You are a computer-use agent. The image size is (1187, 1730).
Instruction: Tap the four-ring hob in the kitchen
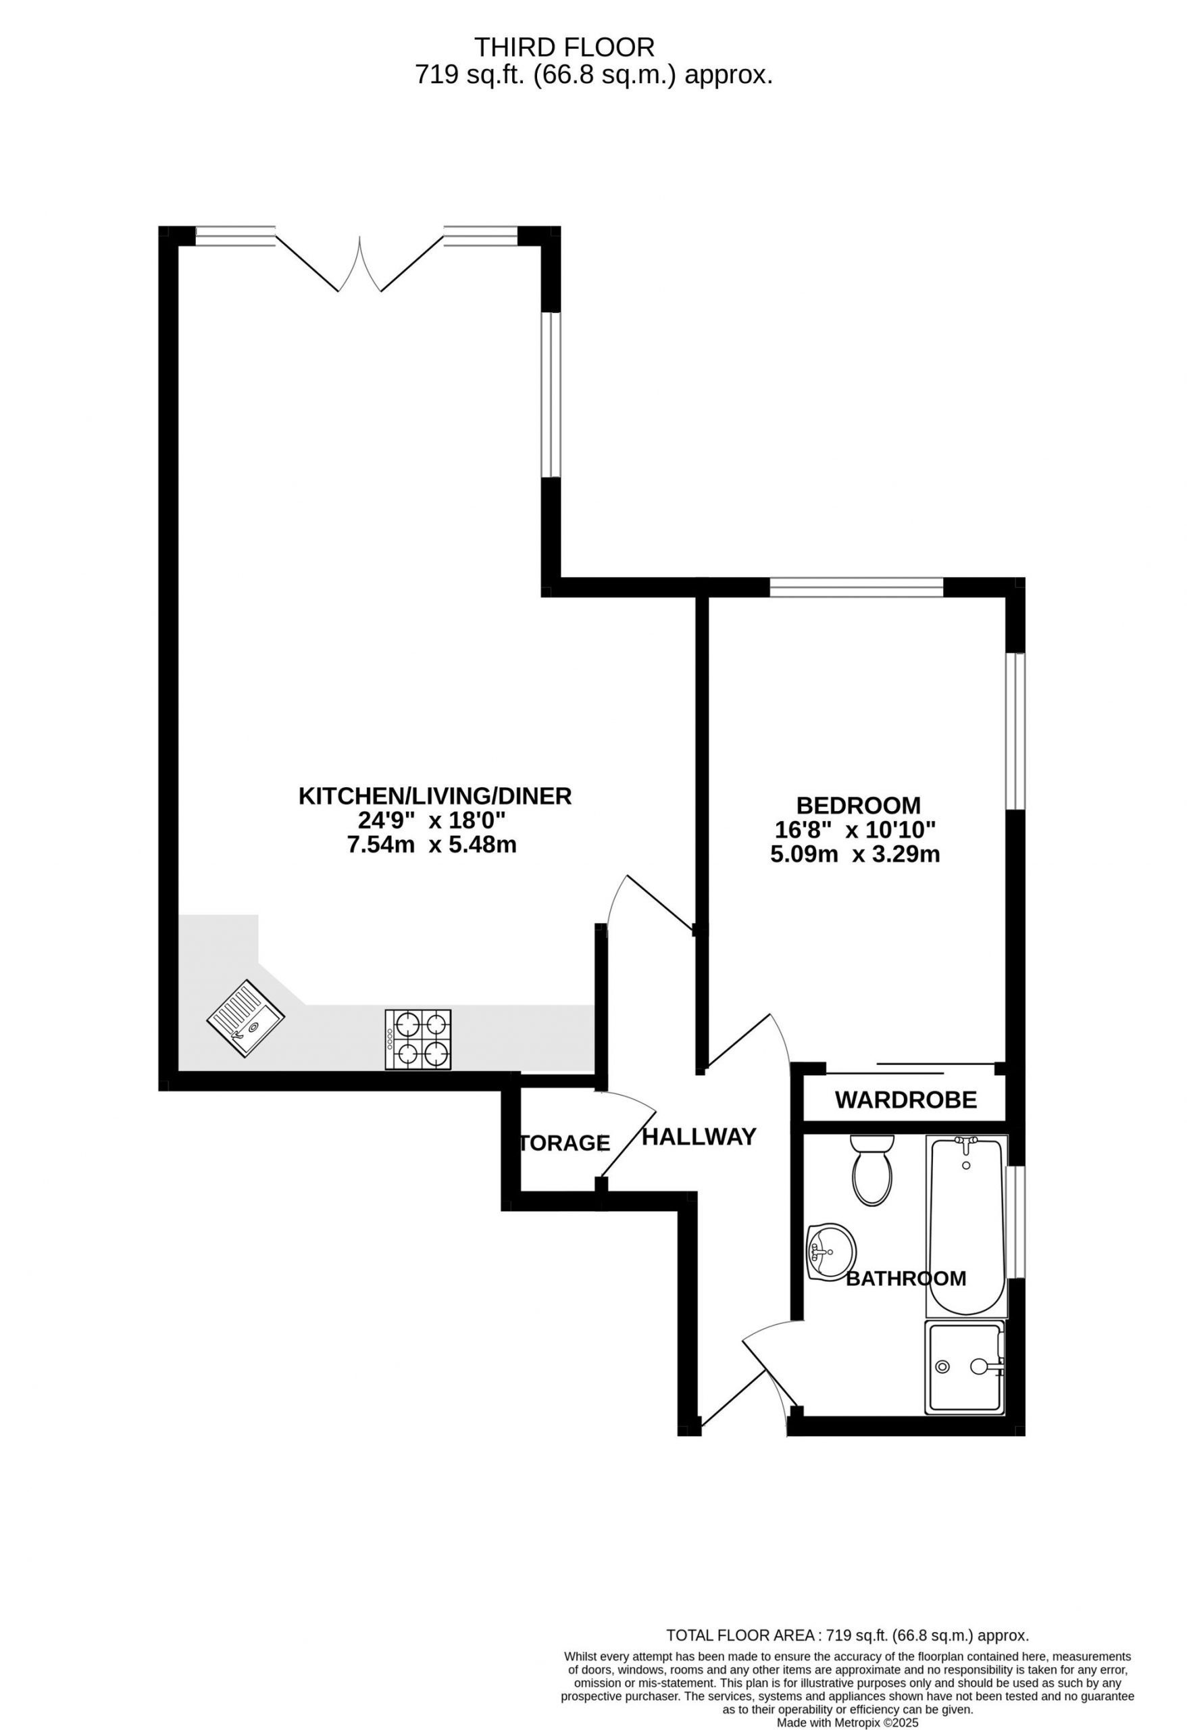pyautogui.click(x=418, y=1039)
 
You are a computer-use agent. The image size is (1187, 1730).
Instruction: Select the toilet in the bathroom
pyautogui.click(x=872, y=1170)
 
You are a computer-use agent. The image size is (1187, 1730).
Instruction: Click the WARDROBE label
pyautogui.click(x=905, y=1100)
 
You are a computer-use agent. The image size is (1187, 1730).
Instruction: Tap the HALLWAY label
pyautogui.click(x=699, y=1137)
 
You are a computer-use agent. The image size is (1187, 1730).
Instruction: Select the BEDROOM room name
pyautogui.click(x=858, y=806)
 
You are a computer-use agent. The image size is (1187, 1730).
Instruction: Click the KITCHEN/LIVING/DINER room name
pyautogui.click(x=434, y=796)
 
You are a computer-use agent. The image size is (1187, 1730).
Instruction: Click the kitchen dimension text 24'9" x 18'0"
pyautogui.click(x=432, y=820)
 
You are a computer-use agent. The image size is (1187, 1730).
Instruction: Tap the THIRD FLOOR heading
pyautogui.click(x=565, y=47)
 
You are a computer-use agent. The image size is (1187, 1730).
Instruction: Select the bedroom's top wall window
pyautogui.click(x=857, y=589)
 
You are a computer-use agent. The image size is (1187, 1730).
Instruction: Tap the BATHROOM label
pyautogui.click(x=906, y=1279)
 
